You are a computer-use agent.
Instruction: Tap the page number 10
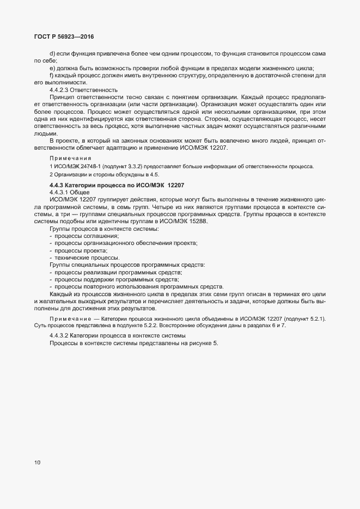pyautogui.click(x=38, y=463)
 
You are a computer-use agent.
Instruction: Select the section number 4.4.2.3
pyautogui.click(x=60, y=89)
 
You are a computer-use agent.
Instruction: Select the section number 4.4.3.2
pyautogui.click(x=60, y=334)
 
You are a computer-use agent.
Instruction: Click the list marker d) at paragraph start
pyautogui.click(x=52, y=53)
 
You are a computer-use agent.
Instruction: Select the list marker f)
pyautogui.click(x=52, y=75)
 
